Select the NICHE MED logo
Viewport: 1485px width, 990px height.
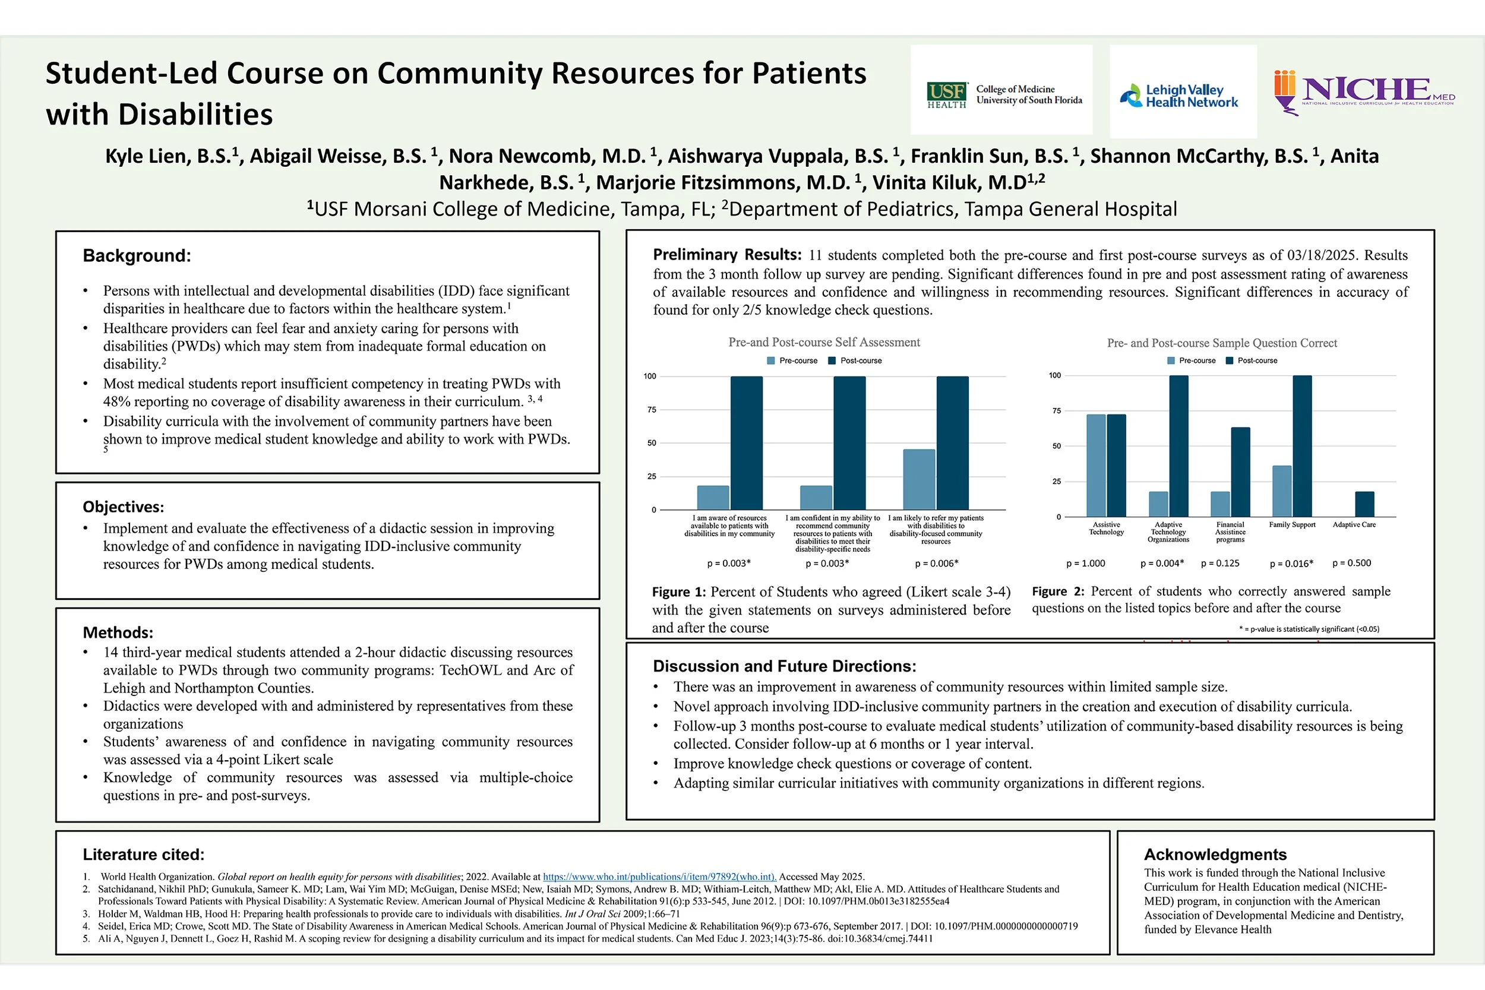coord(1364,92)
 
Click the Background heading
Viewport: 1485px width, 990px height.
coord(137,256)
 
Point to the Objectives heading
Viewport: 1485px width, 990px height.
coord(123,507)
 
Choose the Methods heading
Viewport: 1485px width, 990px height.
coord(118,632)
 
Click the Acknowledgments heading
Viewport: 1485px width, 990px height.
coord(1215,854)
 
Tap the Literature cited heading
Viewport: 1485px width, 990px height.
coord(143,854)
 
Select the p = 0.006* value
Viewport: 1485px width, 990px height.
coord(936,563)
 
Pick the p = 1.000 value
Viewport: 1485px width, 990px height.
coord(1085,563)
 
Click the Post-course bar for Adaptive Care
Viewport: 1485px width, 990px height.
coord(1364,504)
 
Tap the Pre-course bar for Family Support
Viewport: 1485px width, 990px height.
coord(1282,491)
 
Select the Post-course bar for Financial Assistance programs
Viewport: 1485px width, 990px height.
coord(1240,472)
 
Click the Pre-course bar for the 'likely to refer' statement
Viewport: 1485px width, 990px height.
coord(919,480)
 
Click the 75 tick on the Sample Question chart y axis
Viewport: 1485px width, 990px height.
coord(1055,411)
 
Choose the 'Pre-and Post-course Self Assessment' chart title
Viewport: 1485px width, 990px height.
coord(824,342)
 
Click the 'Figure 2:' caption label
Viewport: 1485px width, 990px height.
coord(1057,592)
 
